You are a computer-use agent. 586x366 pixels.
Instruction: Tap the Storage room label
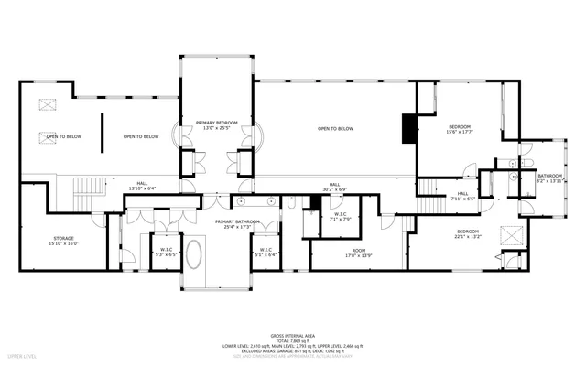pyautogui.click(x=65, y=241)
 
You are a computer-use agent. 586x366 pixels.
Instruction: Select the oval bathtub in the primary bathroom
pyautogui.click(x=196, y=254)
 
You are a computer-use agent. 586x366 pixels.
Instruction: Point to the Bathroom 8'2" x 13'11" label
pyautogui.click(x=549, y=178)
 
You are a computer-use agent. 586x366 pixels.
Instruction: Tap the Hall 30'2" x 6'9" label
pyautogui.click(x=335, y=187)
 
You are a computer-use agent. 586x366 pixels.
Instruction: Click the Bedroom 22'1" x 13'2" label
pyautogui.click(x=468, y=234)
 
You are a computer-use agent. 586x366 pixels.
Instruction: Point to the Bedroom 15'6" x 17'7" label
pyautogui.click(x=460, y=128)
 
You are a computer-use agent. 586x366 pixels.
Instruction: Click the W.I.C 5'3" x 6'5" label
pyautogui.click(x=167, y=252)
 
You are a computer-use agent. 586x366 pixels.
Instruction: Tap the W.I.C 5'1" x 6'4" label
pyautogui.click(x=265, y=252)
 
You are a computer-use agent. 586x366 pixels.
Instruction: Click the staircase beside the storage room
pyautogui.click(x=88, y=190)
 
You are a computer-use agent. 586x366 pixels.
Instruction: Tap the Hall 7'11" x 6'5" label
pyautogui.click(x=463, y=195)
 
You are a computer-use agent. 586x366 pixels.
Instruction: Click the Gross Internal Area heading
pyautogui.click(x=292, y=336)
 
